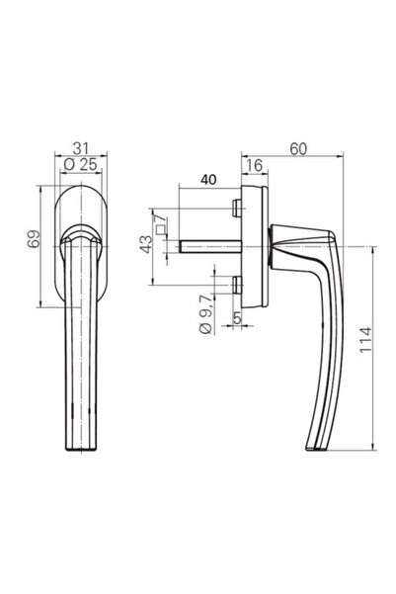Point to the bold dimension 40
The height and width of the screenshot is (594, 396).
tap(207, 180)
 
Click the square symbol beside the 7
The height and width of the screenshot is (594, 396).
tap(158, 231)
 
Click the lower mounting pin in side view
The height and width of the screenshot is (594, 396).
tap(236, 286)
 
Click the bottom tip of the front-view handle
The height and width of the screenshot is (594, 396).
tap(79, 447)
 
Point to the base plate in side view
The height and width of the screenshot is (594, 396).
tap(255, 245)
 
